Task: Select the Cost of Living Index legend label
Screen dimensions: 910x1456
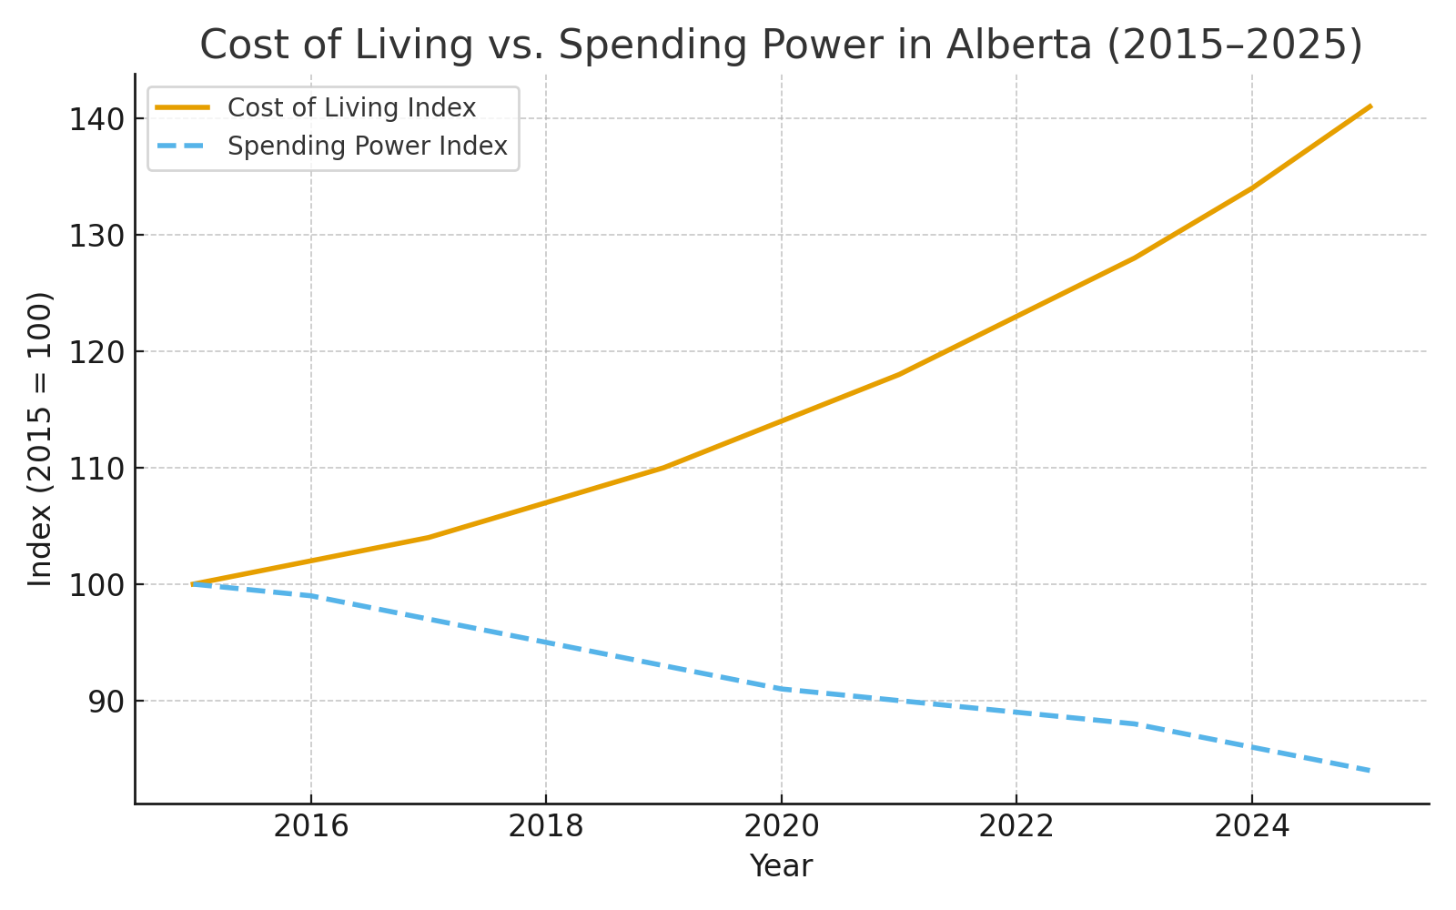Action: click(x=351, y=108)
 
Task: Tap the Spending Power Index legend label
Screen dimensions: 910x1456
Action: click(x=367, y=147)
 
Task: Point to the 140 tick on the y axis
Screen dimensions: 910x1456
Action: click(x=96, y=119)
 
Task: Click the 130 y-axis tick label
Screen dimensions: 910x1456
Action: click(x=96, y=236)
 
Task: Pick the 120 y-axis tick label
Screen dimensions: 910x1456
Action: click(x=96, y=352)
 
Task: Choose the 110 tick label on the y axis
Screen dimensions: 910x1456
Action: click(x=96, y=469)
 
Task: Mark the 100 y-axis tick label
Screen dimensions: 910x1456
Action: click(x=96, y=585)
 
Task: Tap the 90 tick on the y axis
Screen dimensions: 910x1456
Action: click(x=104, y=702)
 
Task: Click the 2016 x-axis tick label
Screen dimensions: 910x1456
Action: click(x=311, y=826)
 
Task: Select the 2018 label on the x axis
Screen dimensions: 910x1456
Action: click(x=546, y=826)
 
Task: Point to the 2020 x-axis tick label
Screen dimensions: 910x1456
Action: click(x=782, y=826)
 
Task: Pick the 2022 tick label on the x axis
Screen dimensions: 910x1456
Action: click(x=1016, y=826)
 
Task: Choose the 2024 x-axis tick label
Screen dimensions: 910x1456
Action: click(x=1252, y=826)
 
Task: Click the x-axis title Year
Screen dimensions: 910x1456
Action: click(x=781, y=866)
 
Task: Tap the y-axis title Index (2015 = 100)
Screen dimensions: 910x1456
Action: click(x=40, y=439)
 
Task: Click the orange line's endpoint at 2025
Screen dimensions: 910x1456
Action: click(x=1370, y=106)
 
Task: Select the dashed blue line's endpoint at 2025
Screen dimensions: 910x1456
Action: click(x=1370, y=771)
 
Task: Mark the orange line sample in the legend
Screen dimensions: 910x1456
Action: click(x=183, y=107)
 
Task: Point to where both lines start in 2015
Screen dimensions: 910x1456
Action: click(x=193, y=584)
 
